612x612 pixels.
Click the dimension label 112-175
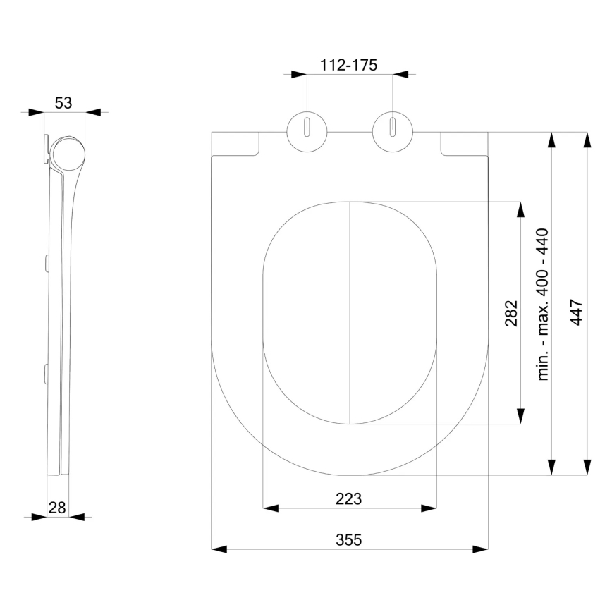click(349, 64)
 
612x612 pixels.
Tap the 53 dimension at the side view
click(63, 103)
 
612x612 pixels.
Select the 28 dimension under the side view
click(58, 507)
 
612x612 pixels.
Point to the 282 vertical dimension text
click(511, 313)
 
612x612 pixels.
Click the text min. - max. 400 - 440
click(543, 305)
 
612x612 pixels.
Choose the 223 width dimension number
click(348, 498)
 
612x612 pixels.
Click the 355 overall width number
click(348, 540)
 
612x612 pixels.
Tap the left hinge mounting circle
click(307, 130)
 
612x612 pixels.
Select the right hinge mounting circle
click(393, 130)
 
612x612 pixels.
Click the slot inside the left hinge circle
click(307, 127)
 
